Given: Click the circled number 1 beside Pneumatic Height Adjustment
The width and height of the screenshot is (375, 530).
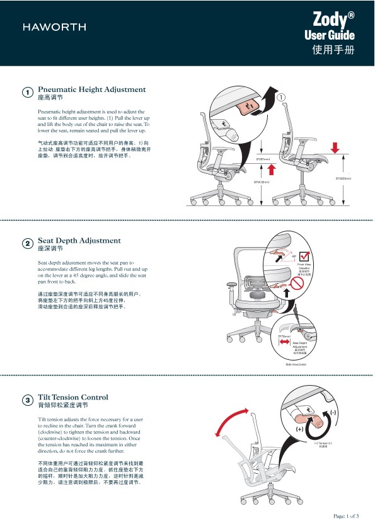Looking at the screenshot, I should pos(28,93).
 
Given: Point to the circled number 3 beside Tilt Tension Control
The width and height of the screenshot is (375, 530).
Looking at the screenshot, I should pos(28,400).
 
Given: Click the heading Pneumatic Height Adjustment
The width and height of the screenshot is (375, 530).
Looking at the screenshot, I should pos(92,90).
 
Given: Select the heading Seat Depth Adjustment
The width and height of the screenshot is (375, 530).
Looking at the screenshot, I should pos(79,241).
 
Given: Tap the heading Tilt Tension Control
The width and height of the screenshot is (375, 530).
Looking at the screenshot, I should pos(73,397).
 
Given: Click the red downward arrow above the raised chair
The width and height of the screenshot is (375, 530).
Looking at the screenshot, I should pos(334,147).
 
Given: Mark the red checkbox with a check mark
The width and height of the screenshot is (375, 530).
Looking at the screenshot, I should pos(304,256).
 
